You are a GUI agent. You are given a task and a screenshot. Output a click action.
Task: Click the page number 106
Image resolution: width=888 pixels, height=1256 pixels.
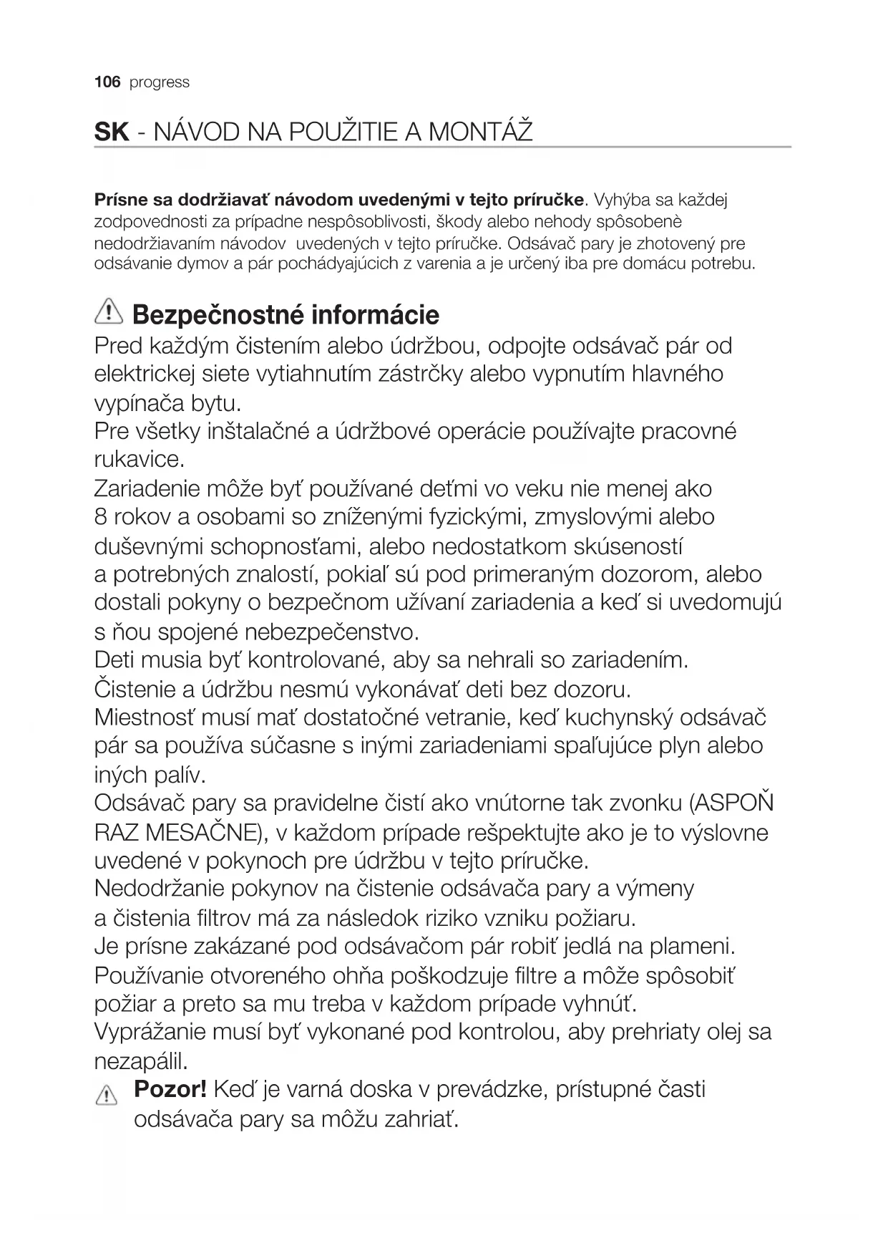(x=107, y=82)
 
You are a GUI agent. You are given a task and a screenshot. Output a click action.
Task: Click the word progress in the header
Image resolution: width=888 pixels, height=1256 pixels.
(x=160, y=83)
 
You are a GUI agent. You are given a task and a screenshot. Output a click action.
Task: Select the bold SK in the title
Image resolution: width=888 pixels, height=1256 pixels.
(x=112, y=132)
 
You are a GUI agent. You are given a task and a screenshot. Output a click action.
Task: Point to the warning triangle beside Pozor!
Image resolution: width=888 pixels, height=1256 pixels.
(x=106, y=1095)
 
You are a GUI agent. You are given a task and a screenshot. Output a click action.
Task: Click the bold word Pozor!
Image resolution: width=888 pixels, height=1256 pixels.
(x=170, y=1090)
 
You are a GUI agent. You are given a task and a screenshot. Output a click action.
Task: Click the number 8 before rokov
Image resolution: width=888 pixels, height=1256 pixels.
(x=100, y=517)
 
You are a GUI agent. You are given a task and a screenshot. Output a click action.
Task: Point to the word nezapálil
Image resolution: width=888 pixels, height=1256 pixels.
(x=141, y=1060)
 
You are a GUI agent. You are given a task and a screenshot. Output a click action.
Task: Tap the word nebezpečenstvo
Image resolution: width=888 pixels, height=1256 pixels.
(x=331, y=632)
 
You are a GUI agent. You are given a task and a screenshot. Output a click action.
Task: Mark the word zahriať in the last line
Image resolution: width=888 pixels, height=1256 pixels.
(x=419, y=1119)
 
